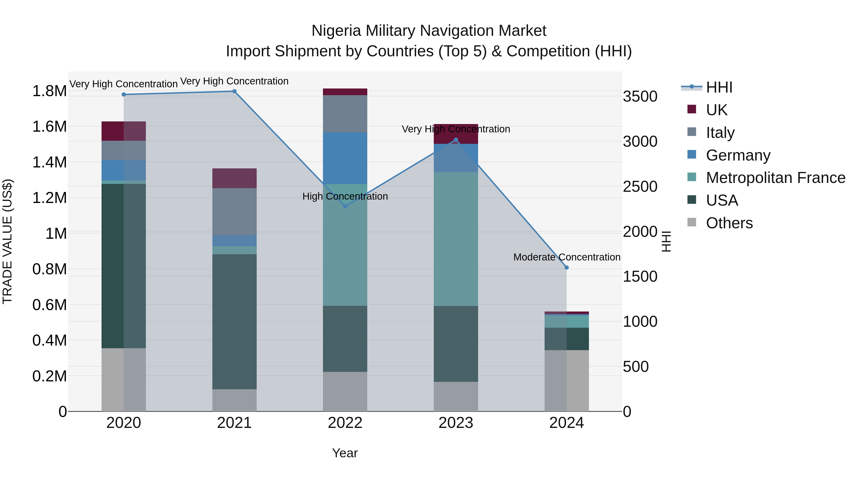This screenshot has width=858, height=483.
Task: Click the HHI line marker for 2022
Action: click(345, 206)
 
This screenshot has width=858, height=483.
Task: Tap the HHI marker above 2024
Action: click(567, 267)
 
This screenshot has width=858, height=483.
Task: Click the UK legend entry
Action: click(716, 110)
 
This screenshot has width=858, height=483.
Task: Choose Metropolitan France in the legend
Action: click(775, 178)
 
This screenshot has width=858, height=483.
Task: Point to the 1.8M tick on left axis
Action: click(49, 91)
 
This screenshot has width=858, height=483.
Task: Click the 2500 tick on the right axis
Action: click(640, 187)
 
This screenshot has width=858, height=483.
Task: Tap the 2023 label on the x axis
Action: click(456, 423)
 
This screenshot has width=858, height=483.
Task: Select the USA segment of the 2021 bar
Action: click(235, 322)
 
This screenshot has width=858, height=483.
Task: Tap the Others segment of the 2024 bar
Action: click(567, 380)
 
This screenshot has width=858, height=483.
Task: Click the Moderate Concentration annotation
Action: click(567, 257)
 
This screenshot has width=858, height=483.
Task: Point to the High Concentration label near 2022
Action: click(345, 196)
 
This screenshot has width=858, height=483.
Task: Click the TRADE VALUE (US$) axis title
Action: click(8, 241)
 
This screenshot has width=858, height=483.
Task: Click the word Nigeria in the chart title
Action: click(336, 31)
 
